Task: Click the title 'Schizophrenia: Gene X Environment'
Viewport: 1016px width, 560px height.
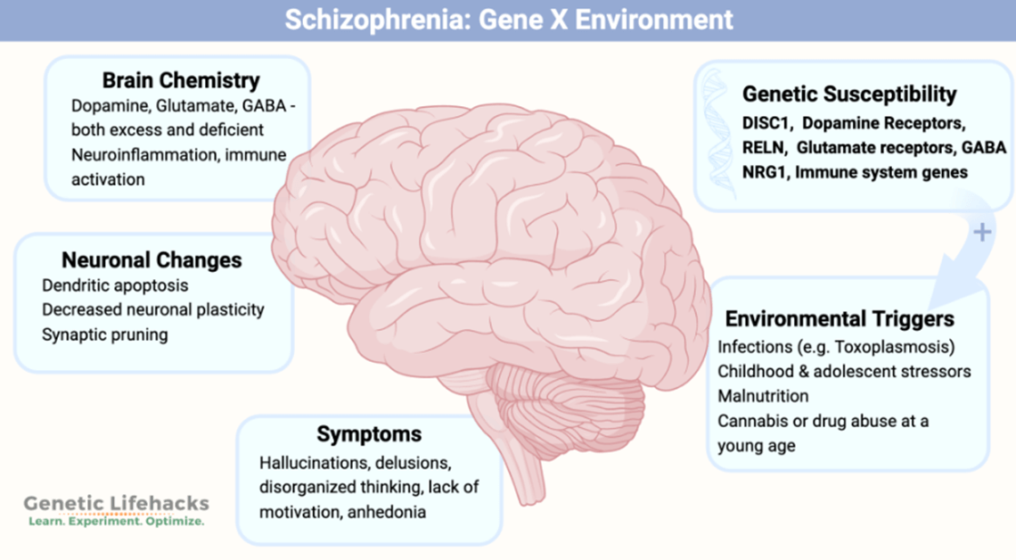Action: pos(509,20)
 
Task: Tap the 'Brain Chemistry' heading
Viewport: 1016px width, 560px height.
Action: pos(181,80)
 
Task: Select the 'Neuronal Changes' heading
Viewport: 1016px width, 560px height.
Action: pos(152,259)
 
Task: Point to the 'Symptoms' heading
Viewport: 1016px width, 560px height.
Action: pos(369,434)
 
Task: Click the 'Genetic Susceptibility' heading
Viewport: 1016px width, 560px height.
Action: pos(848,95)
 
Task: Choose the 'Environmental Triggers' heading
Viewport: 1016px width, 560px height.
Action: pos(840,319)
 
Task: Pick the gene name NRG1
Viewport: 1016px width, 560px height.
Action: pos(766,172)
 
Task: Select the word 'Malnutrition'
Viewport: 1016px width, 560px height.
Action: pos(763,396)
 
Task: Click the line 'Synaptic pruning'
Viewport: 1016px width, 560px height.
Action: pos(105,335)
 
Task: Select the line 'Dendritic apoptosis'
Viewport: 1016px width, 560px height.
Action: pos(115,286)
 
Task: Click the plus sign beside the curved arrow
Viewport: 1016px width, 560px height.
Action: pos(982,232)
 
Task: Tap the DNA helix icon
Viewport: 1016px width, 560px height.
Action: pos(719,133)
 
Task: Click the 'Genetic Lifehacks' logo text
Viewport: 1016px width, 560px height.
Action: pos(116,504)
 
